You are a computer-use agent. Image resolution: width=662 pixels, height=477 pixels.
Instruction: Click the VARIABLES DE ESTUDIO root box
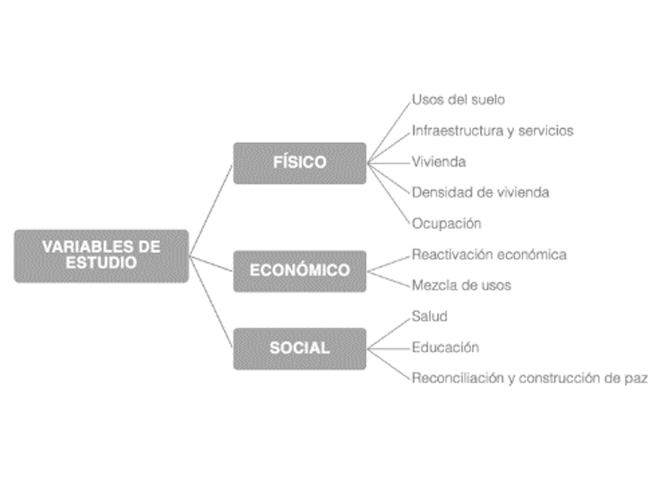[x=101, y=255]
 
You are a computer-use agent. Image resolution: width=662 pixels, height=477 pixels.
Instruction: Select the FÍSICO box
[x=300, y=162]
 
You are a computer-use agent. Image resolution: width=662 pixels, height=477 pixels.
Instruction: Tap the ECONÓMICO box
[x=300, y=270]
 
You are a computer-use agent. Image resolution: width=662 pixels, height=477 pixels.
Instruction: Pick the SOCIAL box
[x=300, y=348]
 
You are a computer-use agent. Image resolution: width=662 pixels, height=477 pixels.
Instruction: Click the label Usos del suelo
[x=458, y=99]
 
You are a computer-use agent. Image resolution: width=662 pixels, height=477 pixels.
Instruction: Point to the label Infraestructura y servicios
[x=492, y=131]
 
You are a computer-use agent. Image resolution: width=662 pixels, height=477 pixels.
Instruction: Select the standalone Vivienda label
[x=438, y=162]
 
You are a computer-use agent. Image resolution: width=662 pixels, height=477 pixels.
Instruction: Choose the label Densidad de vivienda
[x=480, y=192]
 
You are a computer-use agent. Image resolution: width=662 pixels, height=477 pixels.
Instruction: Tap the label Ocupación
[x=446, y=224]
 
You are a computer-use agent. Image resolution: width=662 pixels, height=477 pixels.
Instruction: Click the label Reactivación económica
[x=488, y=255]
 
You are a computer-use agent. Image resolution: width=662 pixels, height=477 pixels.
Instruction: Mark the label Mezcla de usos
[x=461, y=285]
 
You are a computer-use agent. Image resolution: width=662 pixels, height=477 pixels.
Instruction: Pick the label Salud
[x=429, y=316]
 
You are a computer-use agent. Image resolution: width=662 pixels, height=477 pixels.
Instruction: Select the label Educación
[x=445, y=348]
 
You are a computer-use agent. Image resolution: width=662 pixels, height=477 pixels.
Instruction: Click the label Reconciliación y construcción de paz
[x=529, y=378]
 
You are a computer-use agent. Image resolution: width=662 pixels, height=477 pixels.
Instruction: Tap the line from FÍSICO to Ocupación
[x=390, y=193]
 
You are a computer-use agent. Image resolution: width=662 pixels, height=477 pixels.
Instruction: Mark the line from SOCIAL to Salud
[x=390, y=332]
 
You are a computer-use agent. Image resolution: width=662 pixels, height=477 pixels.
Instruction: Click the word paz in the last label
[x=636, y=379]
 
